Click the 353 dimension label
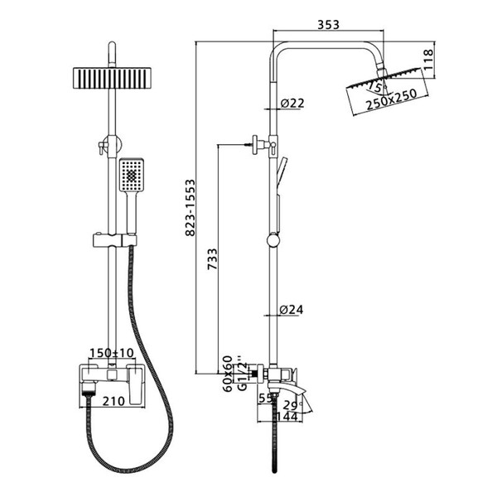(328, 24)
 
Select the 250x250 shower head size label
(391, 99)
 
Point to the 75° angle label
(376, 87)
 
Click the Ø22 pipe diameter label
(292, 103)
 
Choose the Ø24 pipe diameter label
(292, 309)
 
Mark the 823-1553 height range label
(191, 208)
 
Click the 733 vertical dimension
(212, 259)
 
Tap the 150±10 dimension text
(112, 353)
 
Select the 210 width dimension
(113, 401)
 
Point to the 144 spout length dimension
(287, 417)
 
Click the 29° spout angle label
(292, 405)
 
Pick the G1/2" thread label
(242, 375)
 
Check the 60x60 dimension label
(228, 374)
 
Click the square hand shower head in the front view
(132, 175)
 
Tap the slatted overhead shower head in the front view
(112, 78)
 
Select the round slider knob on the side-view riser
(273, 240)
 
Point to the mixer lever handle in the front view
(137, 384)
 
